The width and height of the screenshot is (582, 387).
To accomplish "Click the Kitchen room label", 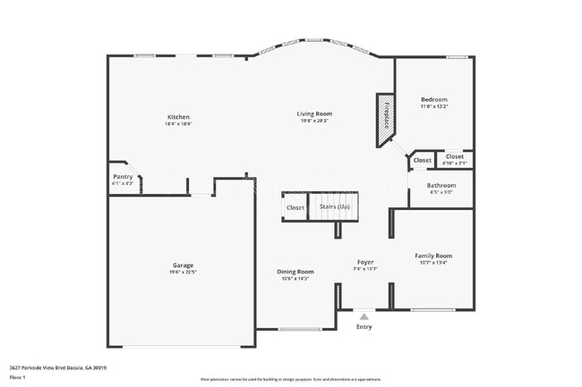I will pyautogui.click(x=178, y=117).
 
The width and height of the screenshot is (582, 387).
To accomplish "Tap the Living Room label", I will pyautogui.click(x=315, y=114).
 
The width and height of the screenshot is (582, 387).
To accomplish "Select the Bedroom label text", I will pyautogui.click(x=434, y=99).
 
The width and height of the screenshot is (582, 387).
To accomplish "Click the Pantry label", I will pyautogui.click(x=123, y=177).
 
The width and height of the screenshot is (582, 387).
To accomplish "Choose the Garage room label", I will pyautogui.click(x=183, y=265).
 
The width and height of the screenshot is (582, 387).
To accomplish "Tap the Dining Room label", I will pyautogui.click(x=295, y=272).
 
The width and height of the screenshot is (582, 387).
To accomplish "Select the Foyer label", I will pyautogui.click(x=365, y=262).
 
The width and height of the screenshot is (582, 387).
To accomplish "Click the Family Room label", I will pyautogui.click(x=433, y=256).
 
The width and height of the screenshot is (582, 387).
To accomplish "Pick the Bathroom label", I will pyautogui.click(x=441, y=185).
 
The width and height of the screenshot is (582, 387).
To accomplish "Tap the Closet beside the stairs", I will pyautogui.click(x=295, y=207).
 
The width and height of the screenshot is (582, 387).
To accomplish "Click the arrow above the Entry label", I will pyautogui.click(x=364, y=315).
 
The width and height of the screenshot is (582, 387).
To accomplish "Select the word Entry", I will pyautogui.click(x=364, y=327).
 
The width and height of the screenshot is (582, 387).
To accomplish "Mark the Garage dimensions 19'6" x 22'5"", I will pyautogui.click(x=183, y=273).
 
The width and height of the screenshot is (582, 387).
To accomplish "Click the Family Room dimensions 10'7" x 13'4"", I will pyautogui.click(x=433, y=263).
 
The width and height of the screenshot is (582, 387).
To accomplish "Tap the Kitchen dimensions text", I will pyautogui.click(x=178, y=124).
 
